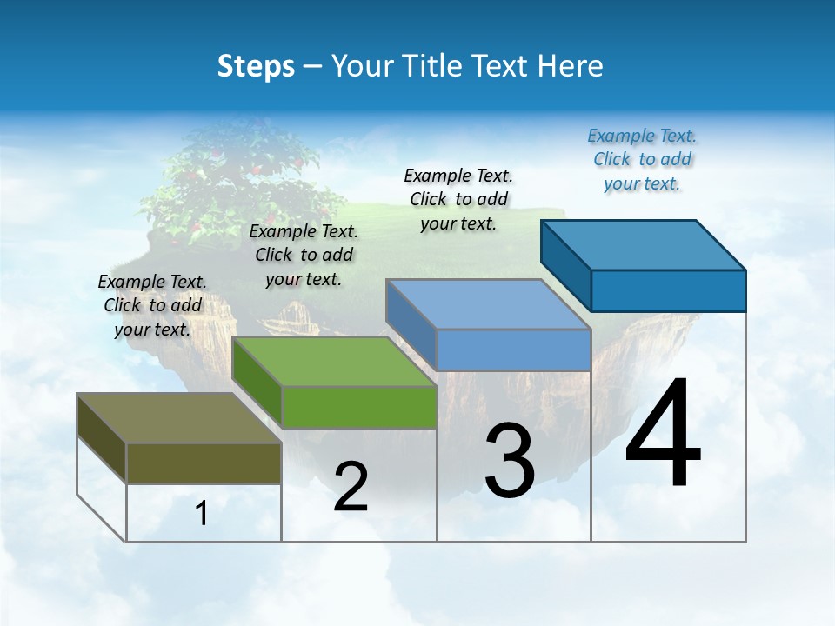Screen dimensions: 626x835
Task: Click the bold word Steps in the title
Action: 256,66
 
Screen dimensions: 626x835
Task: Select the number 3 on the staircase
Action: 510,461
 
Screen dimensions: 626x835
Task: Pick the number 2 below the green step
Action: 351,487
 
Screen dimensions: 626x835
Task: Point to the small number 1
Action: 202,514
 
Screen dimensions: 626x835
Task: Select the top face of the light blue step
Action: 487,304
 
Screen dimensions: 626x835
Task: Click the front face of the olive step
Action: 204,463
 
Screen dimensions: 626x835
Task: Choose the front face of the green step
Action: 359,407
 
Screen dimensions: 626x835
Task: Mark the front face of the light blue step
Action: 513,350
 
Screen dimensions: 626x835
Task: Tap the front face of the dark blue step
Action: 668,290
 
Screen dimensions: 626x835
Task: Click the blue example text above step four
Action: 642,160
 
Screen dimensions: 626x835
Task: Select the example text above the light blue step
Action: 458,199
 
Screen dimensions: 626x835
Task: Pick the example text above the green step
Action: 304,255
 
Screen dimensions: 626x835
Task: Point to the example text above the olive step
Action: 152,305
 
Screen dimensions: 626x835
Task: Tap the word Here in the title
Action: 571,66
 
